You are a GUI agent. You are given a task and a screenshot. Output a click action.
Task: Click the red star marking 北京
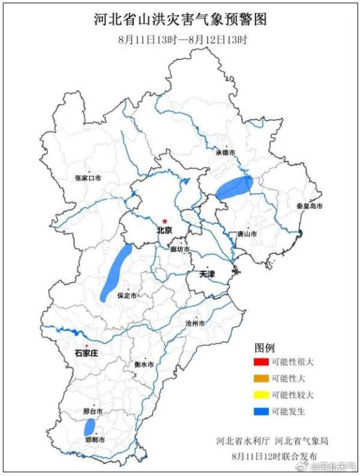click(164, 221)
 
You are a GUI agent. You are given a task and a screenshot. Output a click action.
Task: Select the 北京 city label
click(164, 230)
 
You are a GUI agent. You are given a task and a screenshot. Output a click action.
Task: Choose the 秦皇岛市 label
click(309, 206)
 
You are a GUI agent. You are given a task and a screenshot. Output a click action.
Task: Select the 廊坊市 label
click(179, 249)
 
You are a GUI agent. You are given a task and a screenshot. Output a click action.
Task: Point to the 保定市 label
click(127, 296)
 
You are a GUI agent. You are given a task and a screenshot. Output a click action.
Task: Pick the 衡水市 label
click(144, 364)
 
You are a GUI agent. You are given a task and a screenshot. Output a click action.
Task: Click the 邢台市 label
click(92, 412)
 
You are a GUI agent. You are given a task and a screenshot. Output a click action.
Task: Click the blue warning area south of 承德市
click(234, 188)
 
